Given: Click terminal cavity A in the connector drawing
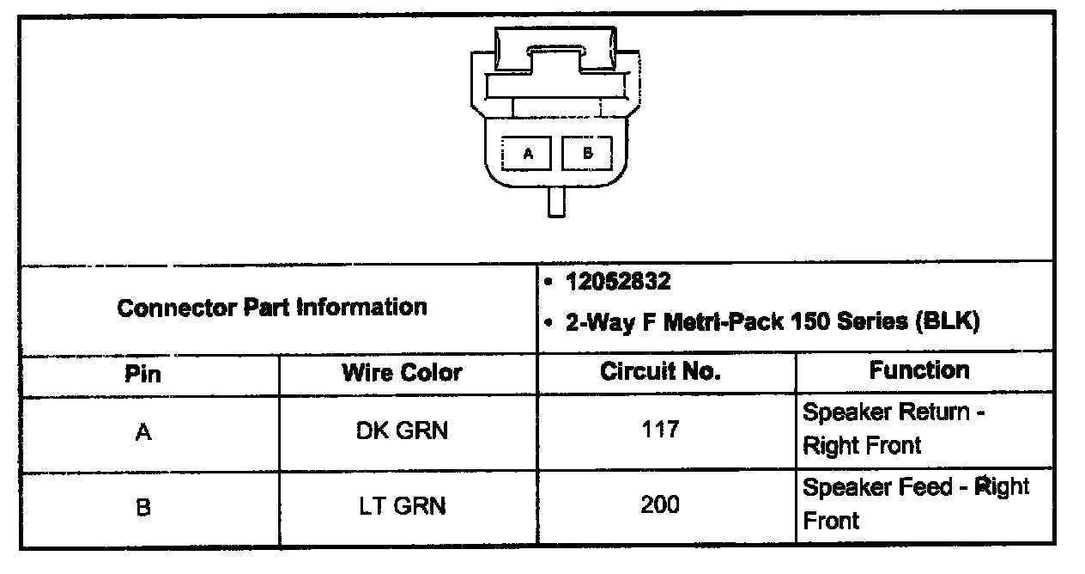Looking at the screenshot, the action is click(528, 154).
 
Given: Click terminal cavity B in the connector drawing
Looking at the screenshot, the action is click(587, 154).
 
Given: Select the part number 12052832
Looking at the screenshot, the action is click(618, 282).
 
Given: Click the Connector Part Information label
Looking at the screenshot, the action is click(272, 307).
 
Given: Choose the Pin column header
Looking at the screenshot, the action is click(142, 374).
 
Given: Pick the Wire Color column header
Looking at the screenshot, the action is click(402, 373).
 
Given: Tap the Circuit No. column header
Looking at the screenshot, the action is click(660, 372).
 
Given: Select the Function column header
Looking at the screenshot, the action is click(918, 370).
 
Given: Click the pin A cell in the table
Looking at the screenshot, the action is click(143, 432).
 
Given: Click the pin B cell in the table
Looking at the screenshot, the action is click(143, 507).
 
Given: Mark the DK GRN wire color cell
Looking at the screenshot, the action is click(402, 430).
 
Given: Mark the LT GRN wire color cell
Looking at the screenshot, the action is click(402, 506).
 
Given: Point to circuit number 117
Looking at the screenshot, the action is click(660, 429).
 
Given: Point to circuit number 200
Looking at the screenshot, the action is click(660, 504).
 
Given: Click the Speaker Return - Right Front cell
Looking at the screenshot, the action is click(893, 429).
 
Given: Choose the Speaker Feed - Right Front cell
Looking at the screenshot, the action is click(915, 504).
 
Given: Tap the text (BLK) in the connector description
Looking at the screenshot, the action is click(948, 323).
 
